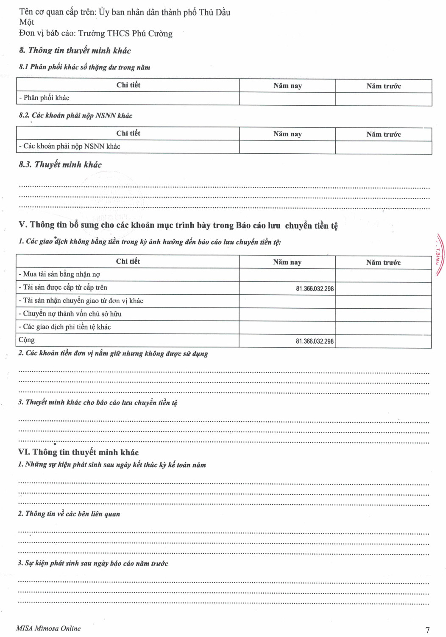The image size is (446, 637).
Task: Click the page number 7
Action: point(427,630)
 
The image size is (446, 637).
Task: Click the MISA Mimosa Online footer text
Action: point(48,628)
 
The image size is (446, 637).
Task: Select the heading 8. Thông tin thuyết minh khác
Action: point(75,51)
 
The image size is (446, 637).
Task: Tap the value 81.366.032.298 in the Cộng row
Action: point(315,341)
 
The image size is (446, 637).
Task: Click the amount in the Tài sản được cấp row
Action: point(315,289)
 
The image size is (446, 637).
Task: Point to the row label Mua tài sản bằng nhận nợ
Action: point(59,274)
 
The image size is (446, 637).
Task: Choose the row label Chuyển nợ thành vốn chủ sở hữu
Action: point(70,314)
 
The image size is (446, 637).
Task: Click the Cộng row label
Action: point(27,340)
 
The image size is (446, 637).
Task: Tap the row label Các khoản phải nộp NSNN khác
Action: point(70,146)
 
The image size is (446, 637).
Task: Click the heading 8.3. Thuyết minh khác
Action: point(60,164)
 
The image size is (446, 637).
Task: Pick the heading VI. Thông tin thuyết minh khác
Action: point(78,452)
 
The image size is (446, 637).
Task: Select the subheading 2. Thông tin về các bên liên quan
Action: point(69,514)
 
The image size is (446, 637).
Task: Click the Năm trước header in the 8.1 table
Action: point(383,86)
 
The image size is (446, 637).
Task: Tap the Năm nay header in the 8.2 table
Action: point(287,134)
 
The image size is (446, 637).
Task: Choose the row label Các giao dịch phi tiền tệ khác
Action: point(64,327)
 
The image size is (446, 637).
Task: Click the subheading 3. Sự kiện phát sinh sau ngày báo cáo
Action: point(93,564)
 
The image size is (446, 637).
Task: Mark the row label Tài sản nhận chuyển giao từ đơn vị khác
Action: point(81,301)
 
